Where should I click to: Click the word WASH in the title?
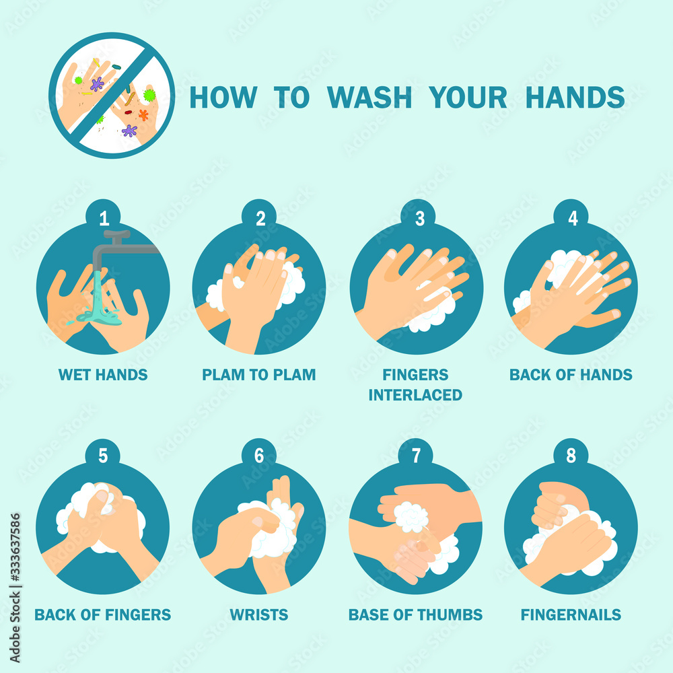click(x=371, y=98)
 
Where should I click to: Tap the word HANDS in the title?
click(x=575, y=98)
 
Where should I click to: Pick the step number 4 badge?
click(x=572, y=217)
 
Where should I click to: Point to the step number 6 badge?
click(x=259, y=456)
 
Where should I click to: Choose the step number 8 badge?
click(x=571, y=456)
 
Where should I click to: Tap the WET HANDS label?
click(x=103, y=374)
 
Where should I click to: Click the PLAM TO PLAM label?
click(x=259, y=374)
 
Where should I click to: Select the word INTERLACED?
click(x=415, y=394)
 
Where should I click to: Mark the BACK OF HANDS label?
click(x=571, y=374)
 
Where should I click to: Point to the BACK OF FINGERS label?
click(x=103, y=614)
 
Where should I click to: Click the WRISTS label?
click(x=259, y=614)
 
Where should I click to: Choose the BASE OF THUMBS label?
click(x=415, y=614)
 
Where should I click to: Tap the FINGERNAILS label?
click(x=571, y=614)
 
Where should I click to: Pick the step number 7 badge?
click(x=416, y=456)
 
